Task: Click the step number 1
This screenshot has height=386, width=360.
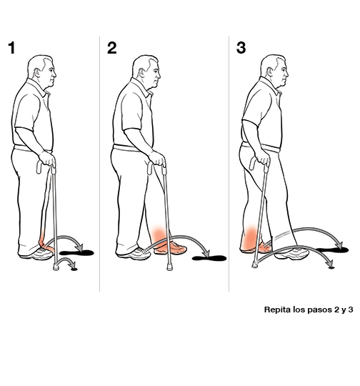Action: (x=11, y=49)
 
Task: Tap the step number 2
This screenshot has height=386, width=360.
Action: (x=111, y=49)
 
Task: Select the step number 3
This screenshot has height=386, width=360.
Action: (x=241, y=49)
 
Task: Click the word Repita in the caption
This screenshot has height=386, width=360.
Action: (x=278, y=311)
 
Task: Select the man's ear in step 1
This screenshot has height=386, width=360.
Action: (x=39, y=71)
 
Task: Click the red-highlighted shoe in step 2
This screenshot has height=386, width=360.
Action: (x=172, y=248)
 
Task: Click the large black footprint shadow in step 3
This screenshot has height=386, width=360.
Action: (x=333, y=249)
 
